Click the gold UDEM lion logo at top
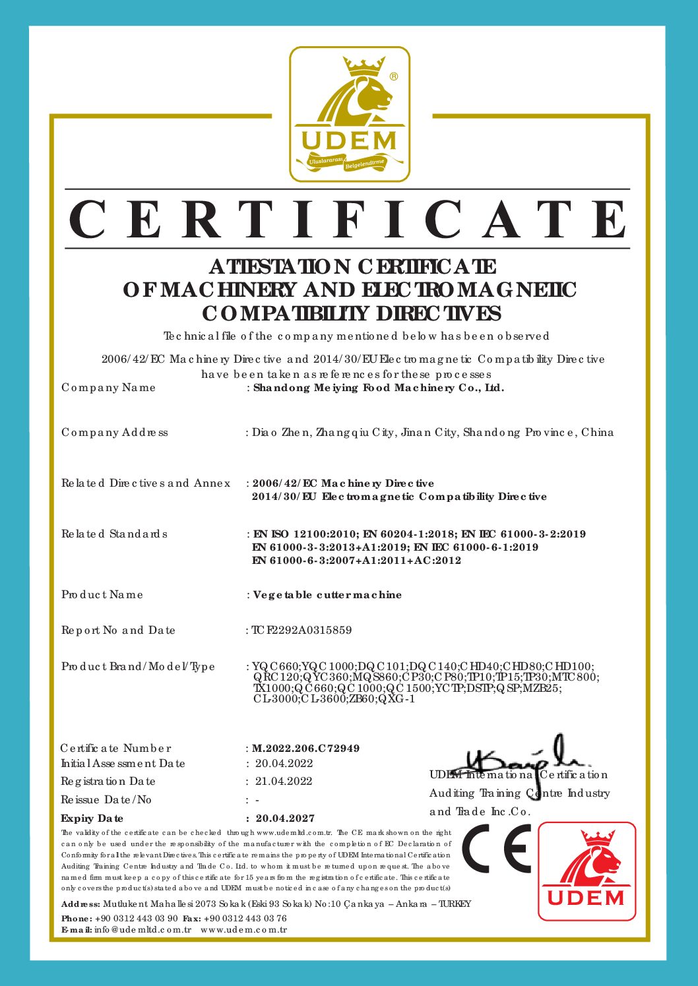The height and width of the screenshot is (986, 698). tap(350, 114)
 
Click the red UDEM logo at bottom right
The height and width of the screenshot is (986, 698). tap(587, 871)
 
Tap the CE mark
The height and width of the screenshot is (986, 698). tap(496, 848)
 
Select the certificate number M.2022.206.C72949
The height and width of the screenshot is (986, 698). tap(306, 749)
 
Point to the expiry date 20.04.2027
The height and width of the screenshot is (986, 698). tap(285, 818)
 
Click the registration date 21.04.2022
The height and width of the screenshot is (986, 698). tap(284, 782)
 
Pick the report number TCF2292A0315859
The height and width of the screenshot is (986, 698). tap(302, 631)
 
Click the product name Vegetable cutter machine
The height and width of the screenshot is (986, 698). tap(328, 595)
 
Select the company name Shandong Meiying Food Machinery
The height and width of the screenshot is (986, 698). tap(379, 388)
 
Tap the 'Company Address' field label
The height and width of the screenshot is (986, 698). tap(115, 433)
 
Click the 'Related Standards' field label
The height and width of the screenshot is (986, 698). tap(115, 534)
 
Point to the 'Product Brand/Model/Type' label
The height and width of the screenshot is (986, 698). tap(139, 667)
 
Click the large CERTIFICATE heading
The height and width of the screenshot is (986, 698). tap(348, 220)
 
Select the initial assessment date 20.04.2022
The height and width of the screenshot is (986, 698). tap(284, 764)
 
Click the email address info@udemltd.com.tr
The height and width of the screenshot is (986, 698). tap(143, 930)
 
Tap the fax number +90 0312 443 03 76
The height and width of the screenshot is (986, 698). tap(245, 918)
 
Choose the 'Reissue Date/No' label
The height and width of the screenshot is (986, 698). tap(106, 800)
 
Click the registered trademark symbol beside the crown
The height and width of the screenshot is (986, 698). tap(394, 77)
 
